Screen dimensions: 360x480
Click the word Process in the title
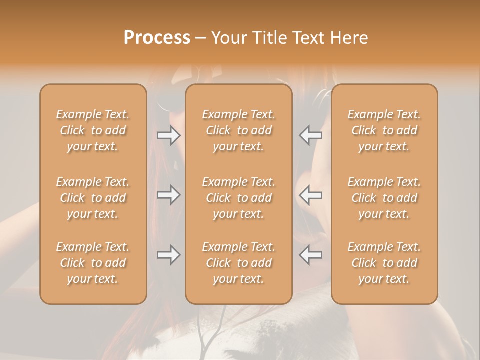(x=157, y=38)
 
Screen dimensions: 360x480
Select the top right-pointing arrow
(x=168, y=135)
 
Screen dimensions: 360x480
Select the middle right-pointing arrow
(x=168, y=195)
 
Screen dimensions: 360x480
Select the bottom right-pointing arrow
(x=168, y=255)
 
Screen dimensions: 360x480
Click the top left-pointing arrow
(x=310, y=135)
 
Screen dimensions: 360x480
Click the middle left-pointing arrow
(x=310, y=195)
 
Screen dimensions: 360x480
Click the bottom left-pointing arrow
(x=310, y=255)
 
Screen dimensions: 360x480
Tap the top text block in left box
(x=93, y=130)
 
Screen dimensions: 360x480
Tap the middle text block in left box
(x=93, y=198)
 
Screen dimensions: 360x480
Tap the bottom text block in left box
(x=93, y=263)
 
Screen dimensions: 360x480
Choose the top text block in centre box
(x=239, y=130)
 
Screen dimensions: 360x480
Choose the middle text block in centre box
(x=239, y=198)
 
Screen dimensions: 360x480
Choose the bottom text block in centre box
(x=239, y=263)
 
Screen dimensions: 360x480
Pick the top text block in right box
(x=384, y=130)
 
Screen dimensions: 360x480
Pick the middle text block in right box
(x=384, y=198)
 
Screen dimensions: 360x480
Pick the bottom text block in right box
(x=384, y=263)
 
